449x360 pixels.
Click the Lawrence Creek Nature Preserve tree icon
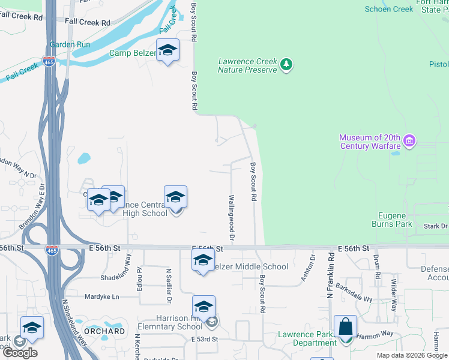click(287, 64)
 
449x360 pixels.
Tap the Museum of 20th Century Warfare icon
click(410, 142)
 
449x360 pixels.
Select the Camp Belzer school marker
click(167, 50)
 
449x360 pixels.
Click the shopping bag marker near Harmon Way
click(345, 328)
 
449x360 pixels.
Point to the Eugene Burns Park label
click(395, 220)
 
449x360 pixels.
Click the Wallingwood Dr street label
click(231, 214)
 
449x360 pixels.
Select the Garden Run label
click(70, 44)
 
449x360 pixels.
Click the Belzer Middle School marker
click(203, 261)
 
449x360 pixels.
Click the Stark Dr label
click(436, 226)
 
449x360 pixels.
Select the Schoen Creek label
click(390, 9)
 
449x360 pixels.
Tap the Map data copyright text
click(412, 355)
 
